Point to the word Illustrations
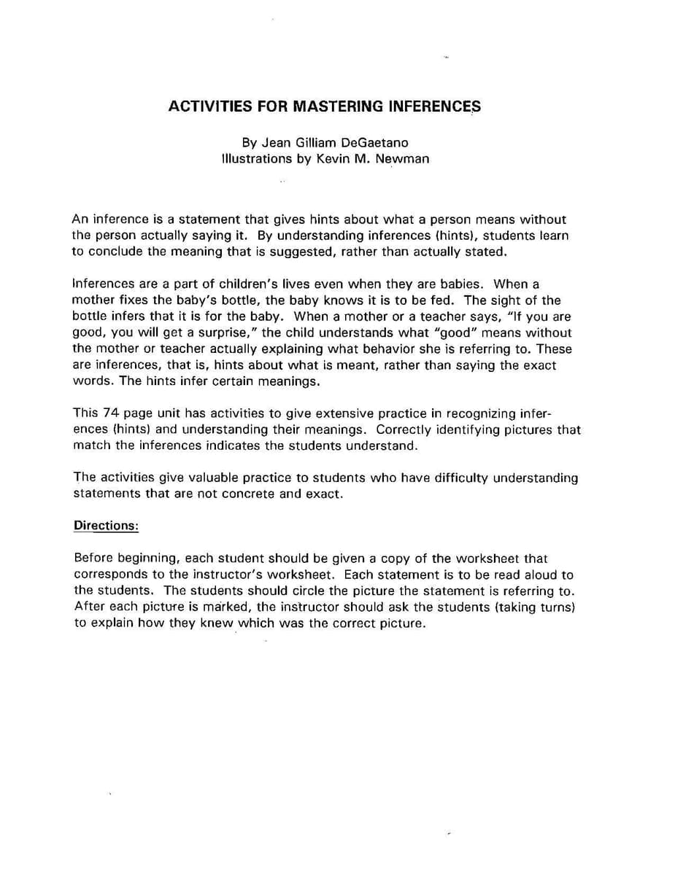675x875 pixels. point(258,158)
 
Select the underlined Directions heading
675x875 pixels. point(106,526)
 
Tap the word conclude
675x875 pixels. point(115,252)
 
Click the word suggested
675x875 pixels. point(358,252)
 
